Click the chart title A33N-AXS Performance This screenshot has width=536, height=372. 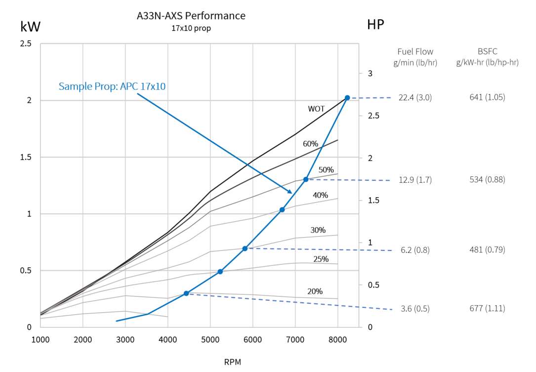tap(191, 16)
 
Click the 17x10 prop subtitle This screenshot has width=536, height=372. tap(191, 29)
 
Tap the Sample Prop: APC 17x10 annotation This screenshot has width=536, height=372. tap(112, 86)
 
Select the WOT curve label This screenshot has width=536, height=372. tap(316, 109)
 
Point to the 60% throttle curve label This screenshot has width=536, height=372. tap(310, 144)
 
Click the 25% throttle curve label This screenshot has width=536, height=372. tap(321, 259)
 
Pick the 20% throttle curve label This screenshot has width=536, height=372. tap(315, 291)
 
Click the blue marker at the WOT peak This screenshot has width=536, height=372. tap(347, 98)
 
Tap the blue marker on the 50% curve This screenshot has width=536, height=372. tap(306, 179)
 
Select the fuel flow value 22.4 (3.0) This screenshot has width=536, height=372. tap(415, 98)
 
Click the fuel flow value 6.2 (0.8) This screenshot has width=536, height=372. tap(415, 250)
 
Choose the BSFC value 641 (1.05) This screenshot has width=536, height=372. tap(487, 97)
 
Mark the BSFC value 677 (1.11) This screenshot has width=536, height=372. tap(487, 308)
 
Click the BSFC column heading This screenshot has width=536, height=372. tap(487, 51)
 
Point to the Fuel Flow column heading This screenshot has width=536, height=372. tap(415, 51)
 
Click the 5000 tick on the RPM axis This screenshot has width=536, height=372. tap(210, 340)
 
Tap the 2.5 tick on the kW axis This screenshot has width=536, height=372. tap(26, 44)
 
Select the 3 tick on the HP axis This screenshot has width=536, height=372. tap(370, 74)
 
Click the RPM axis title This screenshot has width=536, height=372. tap(232, 362)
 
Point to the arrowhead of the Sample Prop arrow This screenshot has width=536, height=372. tap(291, 193)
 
